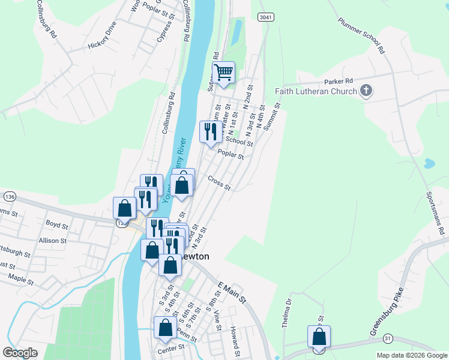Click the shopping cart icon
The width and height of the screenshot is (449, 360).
coord(223,73)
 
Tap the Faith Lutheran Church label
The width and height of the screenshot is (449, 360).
coord(316,91)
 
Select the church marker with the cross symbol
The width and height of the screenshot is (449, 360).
coord(366,91)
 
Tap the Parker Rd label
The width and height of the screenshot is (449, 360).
coord(338,81)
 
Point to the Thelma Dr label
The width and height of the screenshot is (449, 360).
coord(286,313)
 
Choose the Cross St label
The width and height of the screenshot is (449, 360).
coord(219,182)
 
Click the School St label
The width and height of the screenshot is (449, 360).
coord(239,141)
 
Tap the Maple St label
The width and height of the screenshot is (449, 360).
coord(22,277)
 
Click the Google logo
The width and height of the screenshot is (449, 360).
coord(20,353)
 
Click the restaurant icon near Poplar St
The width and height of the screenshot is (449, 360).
coord(210,131)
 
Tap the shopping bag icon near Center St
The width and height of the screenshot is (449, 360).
coord(165,328)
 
